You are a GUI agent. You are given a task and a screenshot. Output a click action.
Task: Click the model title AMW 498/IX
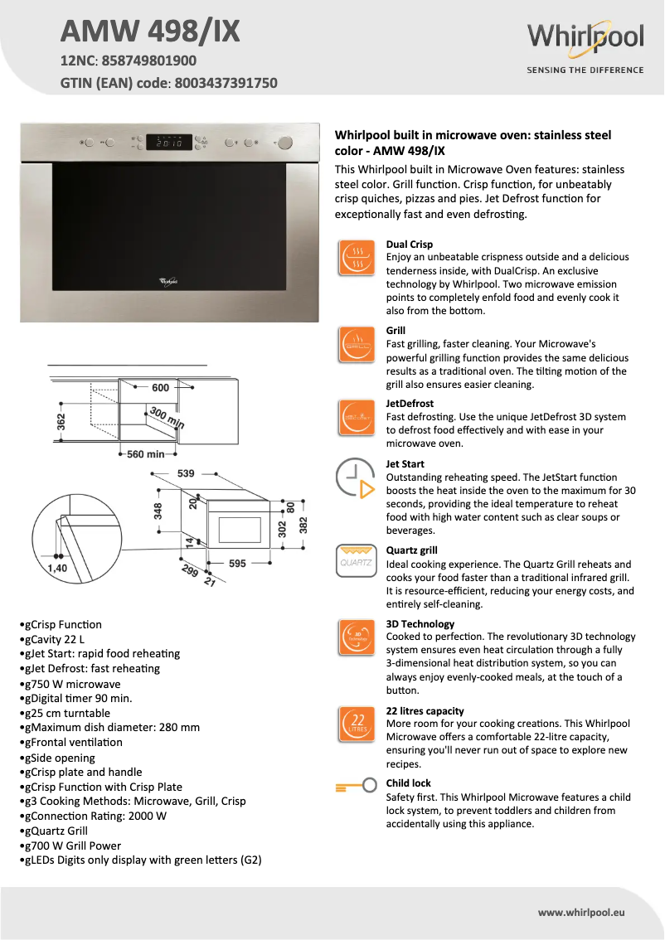(x=150, y=31)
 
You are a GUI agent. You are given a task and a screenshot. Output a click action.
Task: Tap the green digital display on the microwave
(x=169, y=143)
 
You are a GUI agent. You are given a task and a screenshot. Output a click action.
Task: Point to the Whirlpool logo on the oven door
(x=168, y=281)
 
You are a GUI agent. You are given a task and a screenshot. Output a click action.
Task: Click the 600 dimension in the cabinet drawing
(x=160, y=388)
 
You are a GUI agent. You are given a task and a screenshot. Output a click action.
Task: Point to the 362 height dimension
(x=61, y=422)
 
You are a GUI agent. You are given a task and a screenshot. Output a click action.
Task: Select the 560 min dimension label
(x=146, y=454)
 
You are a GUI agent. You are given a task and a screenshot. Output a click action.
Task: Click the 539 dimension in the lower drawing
(x=186, y=473)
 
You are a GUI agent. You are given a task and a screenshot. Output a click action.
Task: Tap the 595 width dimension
(x=237, y=564)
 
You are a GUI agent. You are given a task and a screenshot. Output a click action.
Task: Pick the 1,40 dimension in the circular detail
(x=56, y=569)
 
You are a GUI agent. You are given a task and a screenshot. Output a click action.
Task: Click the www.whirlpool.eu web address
(x=580, y=912)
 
